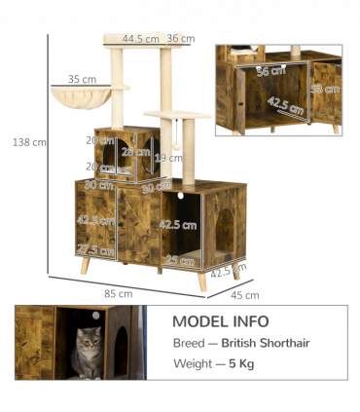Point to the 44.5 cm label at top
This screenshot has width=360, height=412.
click(141, 39)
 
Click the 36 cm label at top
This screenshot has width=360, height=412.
click(179, 39)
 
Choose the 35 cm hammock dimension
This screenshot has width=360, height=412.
click(83, 79)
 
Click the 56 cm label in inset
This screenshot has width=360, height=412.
click(264, 71)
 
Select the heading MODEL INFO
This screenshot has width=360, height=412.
click(221, 321)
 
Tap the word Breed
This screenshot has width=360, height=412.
click(189, 343)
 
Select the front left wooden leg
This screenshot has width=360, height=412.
click(87, 266)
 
